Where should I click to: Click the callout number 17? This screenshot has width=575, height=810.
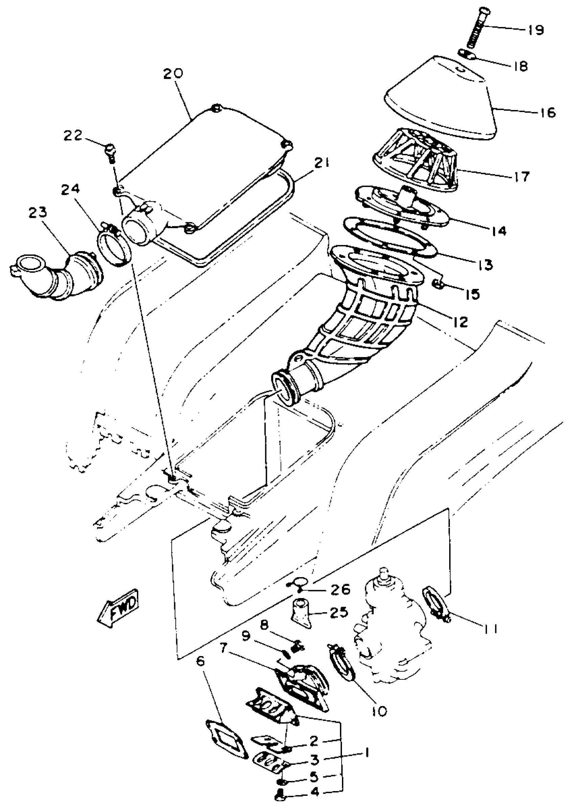tap(522, 176)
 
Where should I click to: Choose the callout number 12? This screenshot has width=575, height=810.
tap(460, 321)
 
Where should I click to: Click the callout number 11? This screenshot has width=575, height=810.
tap(491, 629)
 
